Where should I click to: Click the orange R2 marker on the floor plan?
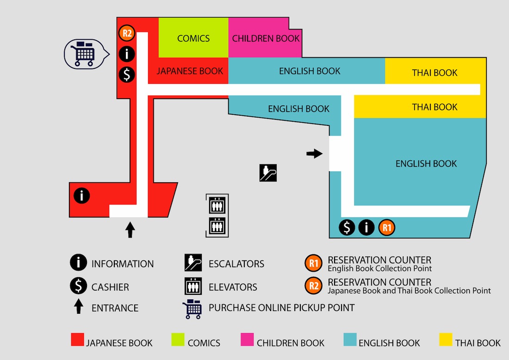127,33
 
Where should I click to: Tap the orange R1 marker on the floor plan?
387,227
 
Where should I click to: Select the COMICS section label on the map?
193,38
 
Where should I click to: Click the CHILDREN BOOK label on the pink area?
266,38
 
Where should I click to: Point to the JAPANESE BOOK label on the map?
190,71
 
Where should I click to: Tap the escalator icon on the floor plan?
268,173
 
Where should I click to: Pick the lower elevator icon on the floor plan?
217,226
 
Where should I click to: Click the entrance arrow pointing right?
315,154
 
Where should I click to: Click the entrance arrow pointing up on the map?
130,230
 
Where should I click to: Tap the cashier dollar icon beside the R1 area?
347,227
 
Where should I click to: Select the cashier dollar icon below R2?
127,74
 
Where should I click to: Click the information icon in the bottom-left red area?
82,196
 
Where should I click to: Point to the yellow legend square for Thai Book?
445,340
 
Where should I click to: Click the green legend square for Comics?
178,340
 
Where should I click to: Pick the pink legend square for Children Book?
247,340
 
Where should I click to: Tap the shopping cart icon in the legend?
192,309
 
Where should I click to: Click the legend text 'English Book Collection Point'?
379,268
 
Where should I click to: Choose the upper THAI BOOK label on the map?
435,73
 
